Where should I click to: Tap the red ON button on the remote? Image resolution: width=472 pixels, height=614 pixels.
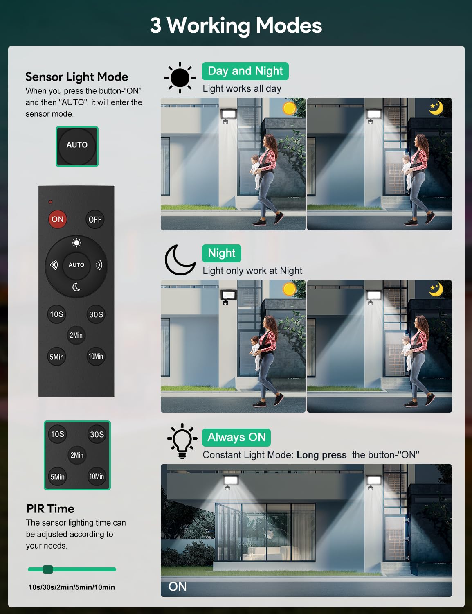coord(58,219)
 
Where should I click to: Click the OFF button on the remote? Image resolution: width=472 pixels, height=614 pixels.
coord(95,219)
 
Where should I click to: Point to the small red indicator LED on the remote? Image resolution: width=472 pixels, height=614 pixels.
coord(50,202)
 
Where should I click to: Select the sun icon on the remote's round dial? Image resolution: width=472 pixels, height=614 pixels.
coord(76,243)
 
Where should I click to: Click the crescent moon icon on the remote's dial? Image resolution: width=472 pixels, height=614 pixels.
coord(76,287)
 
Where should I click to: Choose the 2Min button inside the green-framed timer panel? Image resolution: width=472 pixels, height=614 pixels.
coord(77,455)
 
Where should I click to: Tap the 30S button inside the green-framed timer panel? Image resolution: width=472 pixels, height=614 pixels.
coord(97,434)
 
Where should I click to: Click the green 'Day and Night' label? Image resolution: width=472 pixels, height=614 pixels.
coord(245,71)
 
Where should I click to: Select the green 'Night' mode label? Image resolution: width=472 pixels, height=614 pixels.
coord(222,253)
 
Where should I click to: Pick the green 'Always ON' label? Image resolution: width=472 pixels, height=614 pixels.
coord(236,438)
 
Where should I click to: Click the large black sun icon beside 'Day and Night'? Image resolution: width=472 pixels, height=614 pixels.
coord(180,78)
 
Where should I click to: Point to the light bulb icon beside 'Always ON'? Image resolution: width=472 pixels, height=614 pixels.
coord(182,441)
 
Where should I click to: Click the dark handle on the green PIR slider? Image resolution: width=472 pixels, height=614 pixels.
coord(48,569)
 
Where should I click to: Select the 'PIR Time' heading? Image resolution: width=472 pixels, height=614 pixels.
coord(51,509)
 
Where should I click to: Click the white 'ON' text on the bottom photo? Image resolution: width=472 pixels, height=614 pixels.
coord(178,587)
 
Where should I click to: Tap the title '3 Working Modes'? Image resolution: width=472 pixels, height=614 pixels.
coord(236,25)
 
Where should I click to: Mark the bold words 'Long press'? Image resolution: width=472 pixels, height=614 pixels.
coord(321,455)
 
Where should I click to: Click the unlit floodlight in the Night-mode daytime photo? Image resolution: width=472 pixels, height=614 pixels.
coord(229,296)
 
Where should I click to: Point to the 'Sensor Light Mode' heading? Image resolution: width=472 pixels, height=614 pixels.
coord(77,77)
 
